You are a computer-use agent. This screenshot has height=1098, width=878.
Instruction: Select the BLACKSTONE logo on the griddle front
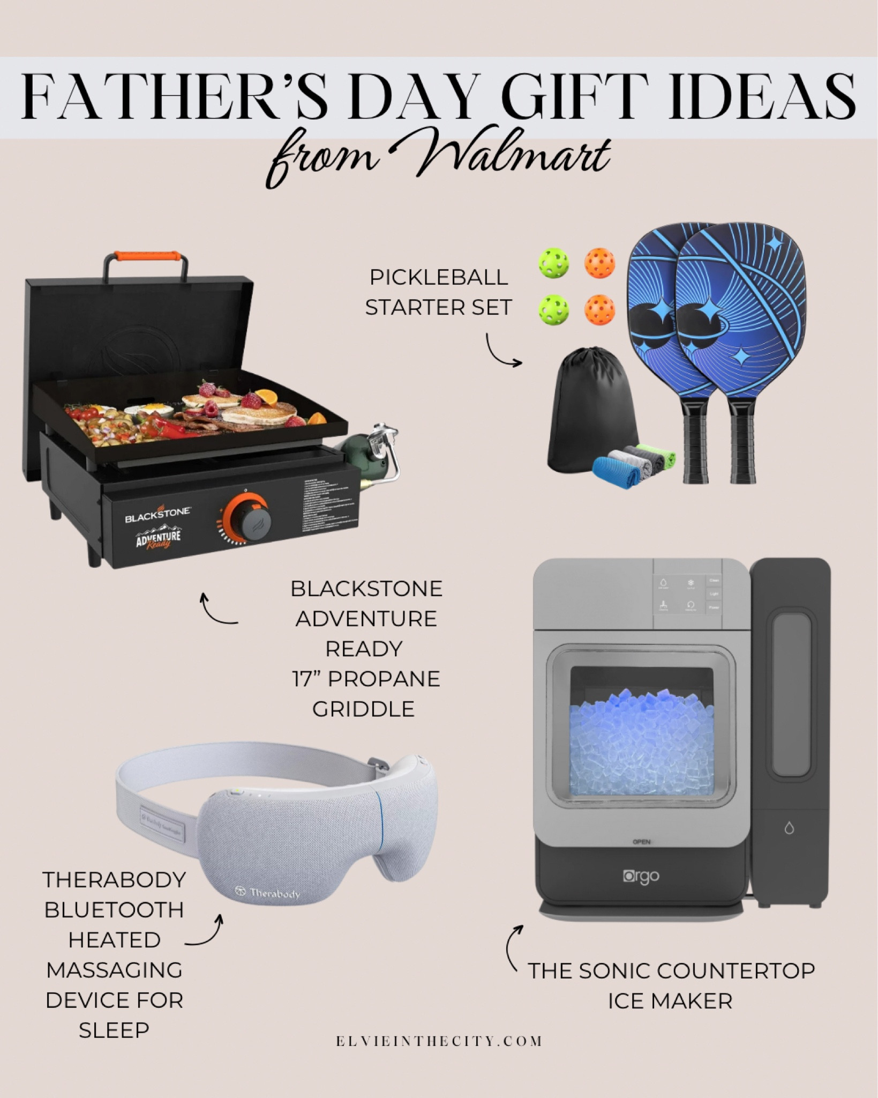click(x=157, y=515)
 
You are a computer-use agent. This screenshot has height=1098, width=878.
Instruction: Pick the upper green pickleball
click(x=553, y=264)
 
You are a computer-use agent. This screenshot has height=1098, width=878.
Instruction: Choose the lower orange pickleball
click(x=599, y=309)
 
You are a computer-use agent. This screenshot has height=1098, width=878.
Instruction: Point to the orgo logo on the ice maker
click(x=641, y=877)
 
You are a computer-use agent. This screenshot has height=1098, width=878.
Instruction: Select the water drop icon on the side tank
click(x=789, y=828)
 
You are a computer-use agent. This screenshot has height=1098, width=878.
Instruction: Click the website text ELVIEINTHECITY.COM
click(x=439, y=1041)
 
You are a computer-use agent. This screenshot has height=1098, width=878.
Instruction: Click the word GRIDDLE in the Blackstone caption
click(x=363, y=709)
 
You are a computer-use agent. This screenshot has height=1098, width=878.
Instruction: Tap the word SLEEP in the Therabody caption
click(x=114, y=1030)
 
